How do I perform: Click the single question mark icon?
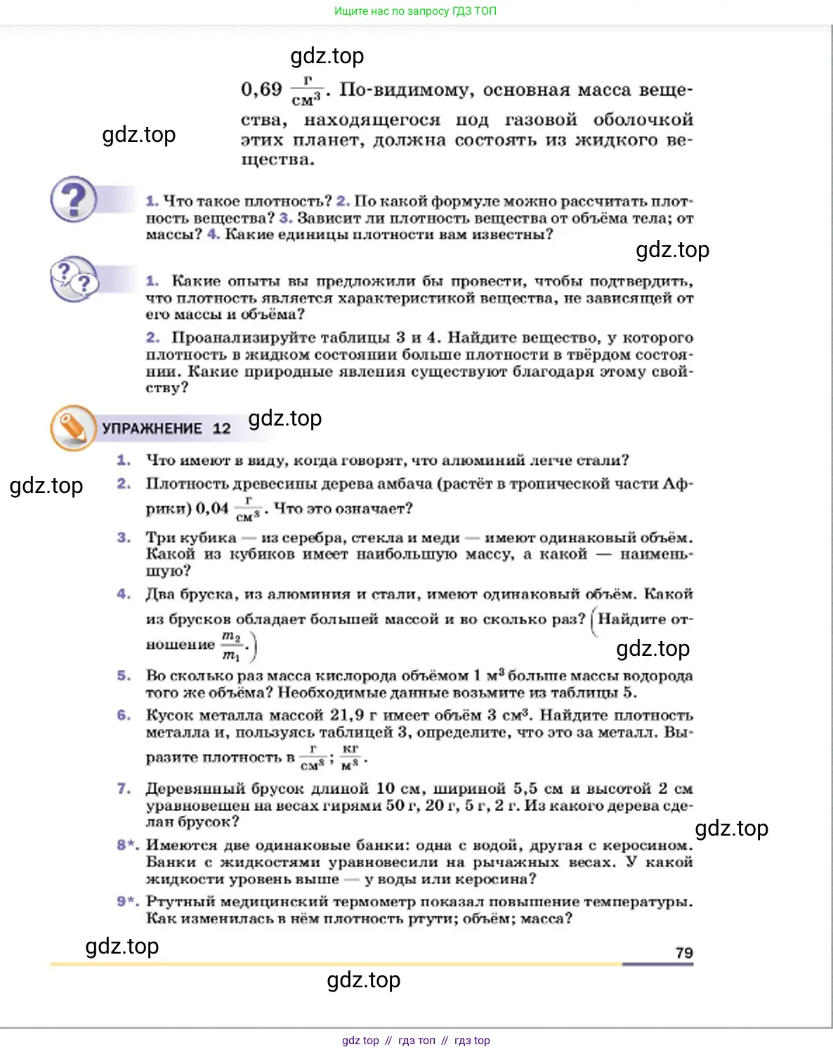[73, 199]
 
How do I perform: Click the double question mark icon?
[74, 279]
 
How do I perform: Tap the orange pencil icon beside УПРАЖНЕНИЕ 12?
[72, 427]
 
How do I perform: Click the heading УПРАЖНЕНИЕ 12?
[166, 428]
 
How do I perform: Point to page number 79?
[683, 953]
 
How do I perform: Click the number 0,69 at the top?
[261, 90]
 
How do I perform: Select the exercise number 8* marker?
[127, 845]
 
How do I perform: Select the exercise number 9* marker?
[127, 901]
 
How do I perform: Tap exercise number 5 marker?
[124, 676]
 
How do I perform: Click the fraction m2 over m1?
[231, 645]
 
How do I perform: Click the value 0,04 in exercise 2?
[212, 508]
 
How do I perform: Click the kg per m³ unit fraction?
[350, 758]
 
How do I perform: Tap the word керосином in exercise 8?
[647, 845]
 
